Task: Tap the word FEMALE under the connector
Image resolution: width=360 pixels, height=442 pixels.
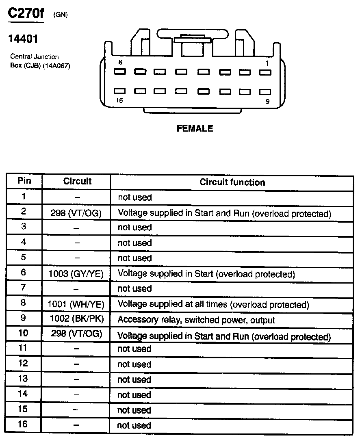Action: [195, 128]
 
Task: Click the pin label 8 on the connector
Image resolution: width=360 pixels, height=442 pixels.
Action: [120, 62]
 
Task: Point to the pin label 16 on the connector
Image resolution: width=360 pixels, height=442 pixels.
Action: [119, 101]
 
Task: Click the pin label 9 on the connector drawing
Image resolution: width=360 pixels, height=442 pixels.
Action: [267, 102]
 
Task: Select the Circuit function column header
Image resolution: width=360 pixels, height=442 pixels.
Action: [232, 182]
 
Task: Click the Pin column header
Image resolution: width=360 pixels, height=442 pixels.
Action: [24, 181]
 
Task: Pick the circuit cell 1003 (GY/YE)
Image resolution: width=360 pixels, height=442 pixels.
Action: [76, 274]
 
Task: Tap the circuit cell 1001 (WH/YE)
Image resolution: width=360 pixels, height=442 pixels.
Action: [76, 304]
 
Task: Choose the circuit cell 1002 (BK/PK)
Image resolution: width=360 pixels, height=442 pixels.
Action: [76, 319]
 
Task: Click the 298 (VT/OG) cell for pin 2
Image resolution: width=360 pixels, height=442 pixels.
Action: [76, 213]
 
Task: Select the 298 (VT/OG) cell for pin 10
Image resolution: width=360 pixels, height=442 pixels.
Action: [76, 334]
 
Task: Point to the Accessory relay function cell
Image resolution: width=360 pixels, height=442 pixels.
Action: [196, 320]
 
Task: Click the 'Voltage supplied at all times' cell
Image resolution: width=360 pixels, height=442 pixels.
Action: [213, 305]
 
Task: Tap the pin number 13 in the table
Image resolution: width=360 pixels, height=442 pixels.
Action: [24, 379]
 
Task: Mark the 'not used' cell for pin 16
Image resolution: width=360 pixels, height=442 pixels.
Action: [134, 425]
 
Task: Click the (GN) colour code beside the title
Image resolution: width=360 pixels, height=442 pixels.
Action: [60, 15]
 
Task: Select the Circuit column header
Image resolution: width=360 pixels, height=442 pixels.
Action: [77, 182]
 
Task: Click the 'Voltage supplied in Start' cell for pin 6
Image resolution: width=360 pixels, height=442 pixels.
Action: [206, 274]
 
